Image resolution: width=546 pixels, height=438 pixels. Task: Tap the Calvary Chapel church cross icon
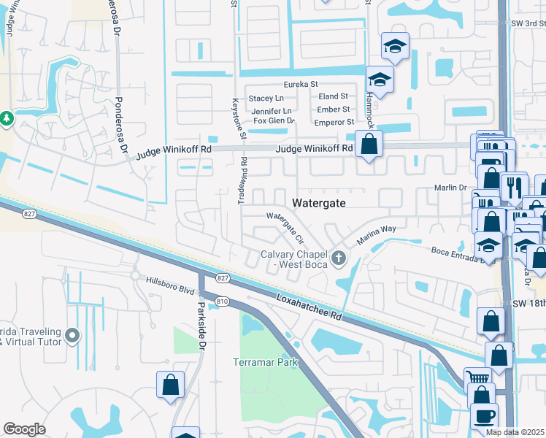point(338,258)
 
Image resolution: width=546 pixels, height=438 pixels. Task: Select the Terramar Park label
point(266,363)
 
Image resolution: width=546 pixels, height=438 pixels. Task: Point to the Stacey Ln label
point(266,98)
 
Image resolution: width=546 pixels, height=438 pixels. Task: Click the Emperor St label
point(334,122)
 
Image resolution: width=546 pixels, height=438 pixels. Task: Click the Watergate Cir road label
point(285,227)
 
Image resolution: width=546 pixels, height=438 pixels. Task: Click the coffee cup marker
point(485,415)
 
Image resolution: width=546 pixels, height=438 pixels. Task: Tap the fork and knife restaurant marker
point(514,187)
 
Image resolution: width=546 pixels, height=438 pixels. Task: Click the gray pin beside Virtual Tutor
point(72,336)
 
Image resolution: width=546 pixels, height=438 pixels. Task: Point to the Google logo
point(24,429)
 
